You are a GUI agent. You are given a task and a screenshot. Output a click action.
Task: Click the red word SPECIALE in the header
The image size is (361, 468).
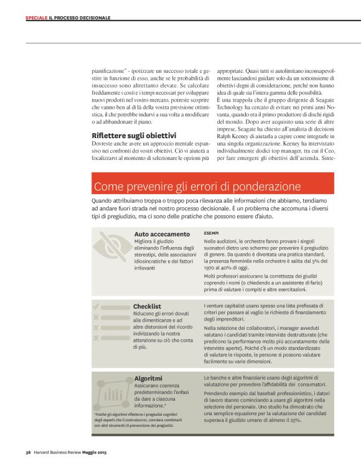pos(36,17)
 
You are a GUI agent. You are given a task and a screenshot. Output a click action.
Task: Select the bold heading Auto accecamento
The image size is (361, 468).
pos(162,234)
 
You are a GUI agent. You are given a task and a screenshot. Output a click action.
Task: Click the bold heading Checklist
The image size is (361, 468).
pos(147,306)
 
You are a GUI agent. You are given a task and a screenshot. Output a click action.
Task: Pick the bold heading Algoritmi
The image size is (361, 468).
pos(148,378)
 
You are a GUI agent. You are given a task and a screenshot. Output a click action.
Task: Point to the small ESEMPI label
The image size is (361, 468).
pos(212,232)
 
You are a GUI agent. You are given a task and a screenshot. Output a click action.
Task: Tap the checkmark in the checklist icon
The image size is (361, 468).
pos(96,306)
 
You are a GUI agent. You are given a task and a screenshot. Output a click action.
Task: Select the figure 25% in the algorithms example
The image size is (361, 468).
pos(295,420)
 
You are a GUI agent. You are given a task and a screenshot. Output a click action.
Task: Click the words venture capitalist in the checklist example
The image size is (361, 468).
pos(234,306)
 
